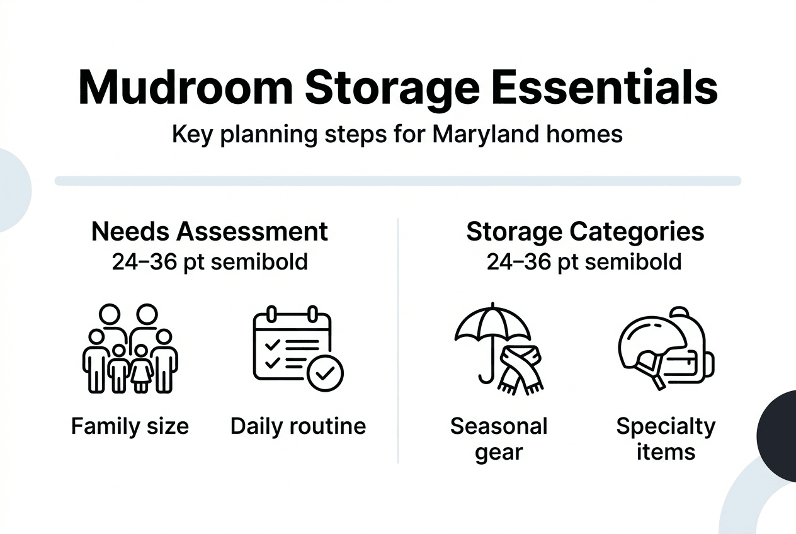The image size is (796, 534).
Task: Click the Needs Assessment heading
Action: pos(209,231)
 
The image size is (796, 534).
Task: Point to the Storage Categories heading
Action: pos(585,231)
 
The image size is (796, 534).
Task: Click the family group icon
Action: pos(130,349)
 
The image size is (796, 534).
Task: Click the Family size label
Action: pos(130,426)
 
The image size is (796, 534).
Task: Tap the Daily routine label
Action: pos(298,426)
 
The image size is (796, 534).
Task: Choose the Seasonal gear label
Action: pos(499,439)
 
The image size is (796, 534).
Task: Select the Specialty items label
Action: pos(666,439)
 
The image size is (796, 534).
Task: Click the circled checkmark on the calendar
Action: pos(325,373)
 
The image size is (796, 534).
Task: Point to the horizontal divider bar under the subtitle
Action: pos(398,181)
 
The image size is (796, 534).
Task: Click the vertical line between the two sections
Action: pos(398,340)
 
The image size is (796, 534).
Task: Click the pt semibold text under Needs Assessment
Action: pos(209,261)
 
